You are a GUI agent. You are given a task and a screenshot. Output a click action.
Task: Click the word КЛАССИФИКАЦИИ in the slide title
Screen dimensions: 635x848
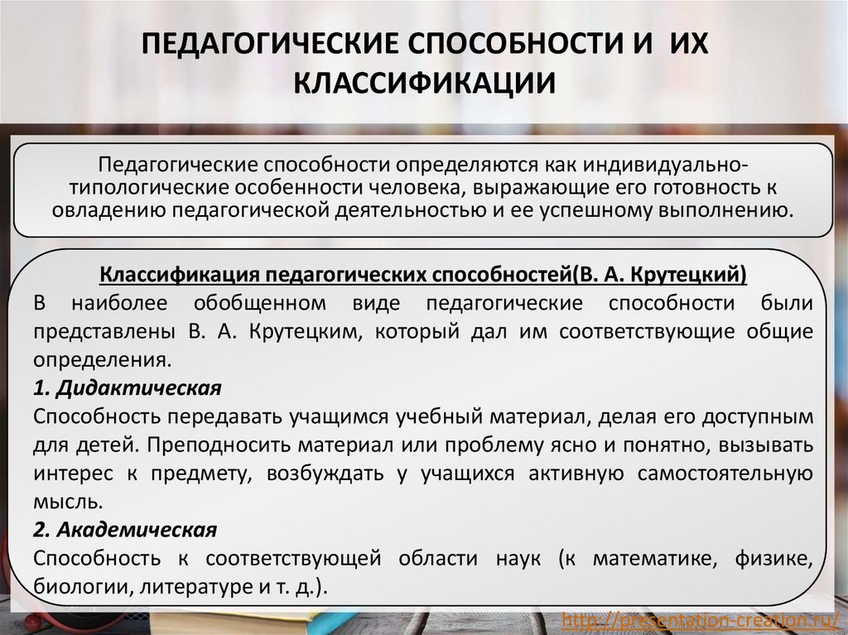(x=424, y=84)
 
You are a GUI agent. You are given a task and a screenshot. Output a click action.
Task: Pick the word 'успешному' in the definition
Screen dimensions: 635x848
(x=600, y=209)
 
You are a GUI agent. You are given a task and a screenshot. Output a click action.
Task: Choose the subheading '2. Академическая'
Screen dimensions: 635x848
(x=126, y=529)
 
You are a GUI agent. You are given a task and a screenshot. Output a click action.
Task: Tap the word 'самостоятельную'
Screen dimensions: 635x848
(x=725, y=473)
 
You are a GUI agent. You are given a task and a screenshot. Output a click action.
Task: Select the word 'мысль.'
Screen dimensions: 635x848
(x=70, y=501)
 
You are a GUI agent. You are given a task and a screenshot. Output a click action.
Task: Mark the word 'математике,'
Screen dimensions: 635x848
(x=655, y=558)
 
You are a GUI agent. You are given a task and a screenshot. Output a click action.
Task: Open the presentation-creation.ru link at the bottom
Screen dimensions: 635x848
(x=701, y=619)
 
